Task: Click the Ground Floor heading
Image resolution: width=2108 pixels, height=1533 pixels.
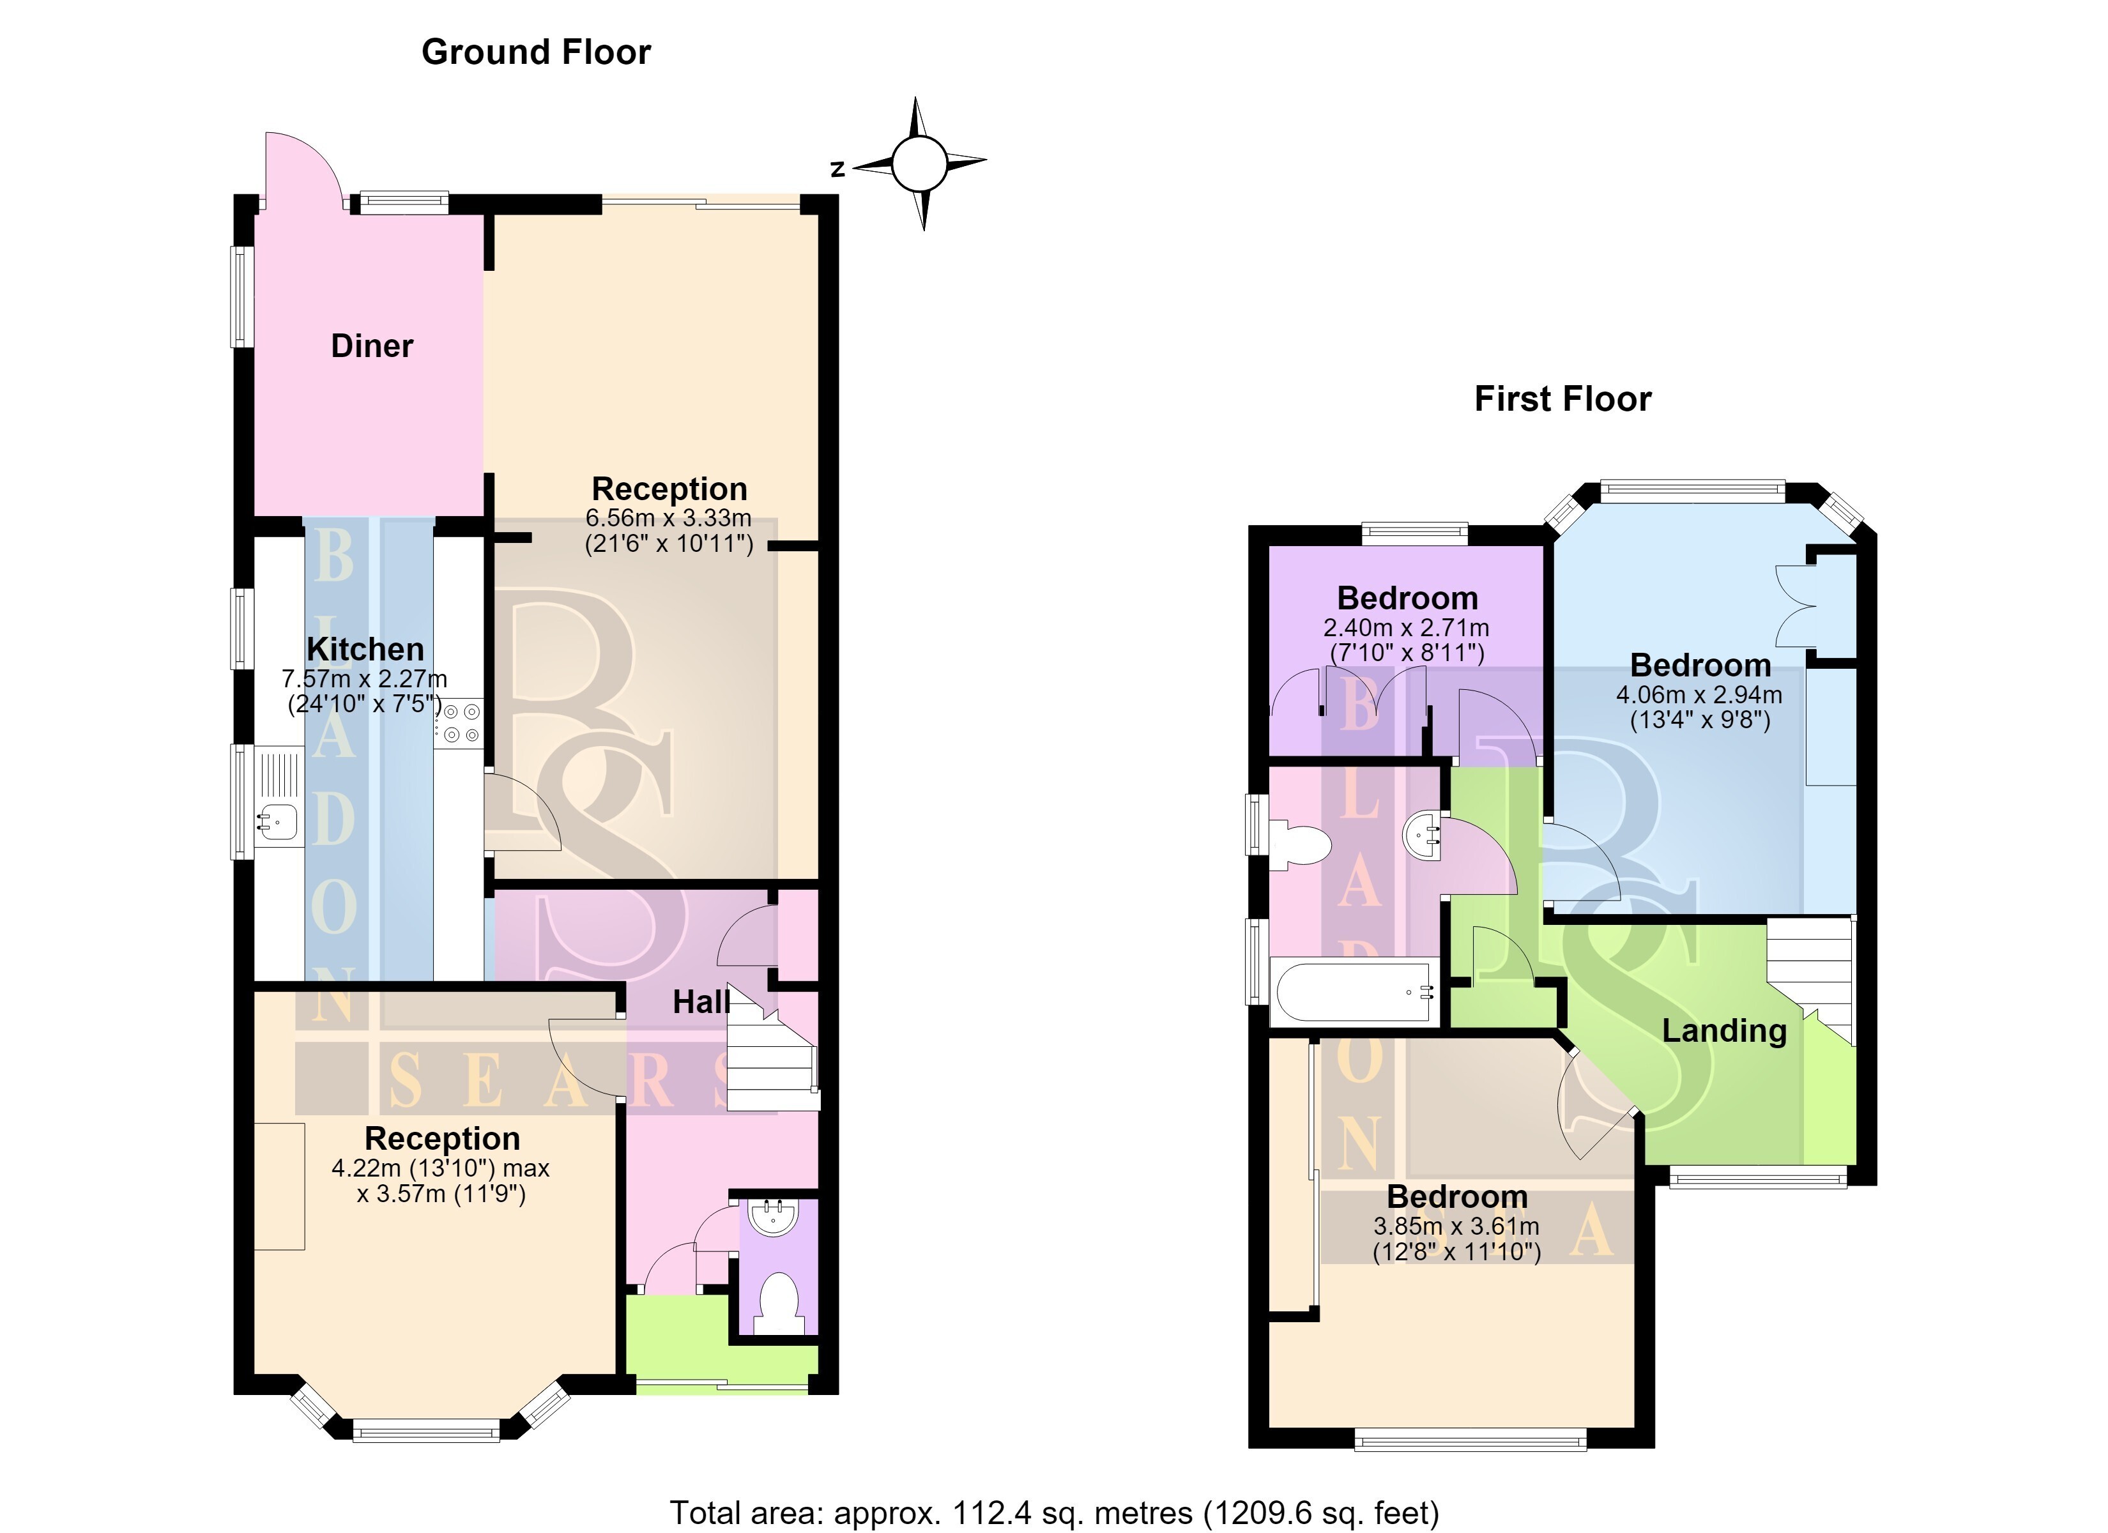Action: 537,53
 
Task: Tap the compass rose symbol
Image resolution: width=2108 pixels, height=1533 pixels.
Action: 919,163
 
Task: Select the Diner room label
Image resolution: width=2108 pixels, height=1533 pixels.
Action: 372,346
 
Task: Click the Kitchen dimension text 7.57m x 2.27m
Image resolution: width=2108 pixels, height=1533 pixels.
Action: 364,678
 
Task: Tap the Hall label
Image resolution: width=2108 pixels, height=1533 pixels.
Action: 701,1002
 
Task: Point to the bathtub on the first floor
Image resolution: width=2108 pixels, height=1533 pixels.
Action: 1355,993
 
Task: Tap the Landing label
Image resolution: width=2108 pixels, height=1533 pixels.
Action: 1724,1031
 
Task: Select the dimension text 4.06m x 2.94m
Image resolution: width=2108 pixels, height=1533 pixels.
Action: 1699,694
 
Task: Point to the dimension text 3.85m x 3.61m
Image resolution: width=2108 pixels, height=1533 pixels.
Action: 1456,1226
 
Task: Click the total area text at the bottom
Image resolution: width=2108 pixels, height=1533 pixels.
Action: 1054,1513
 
